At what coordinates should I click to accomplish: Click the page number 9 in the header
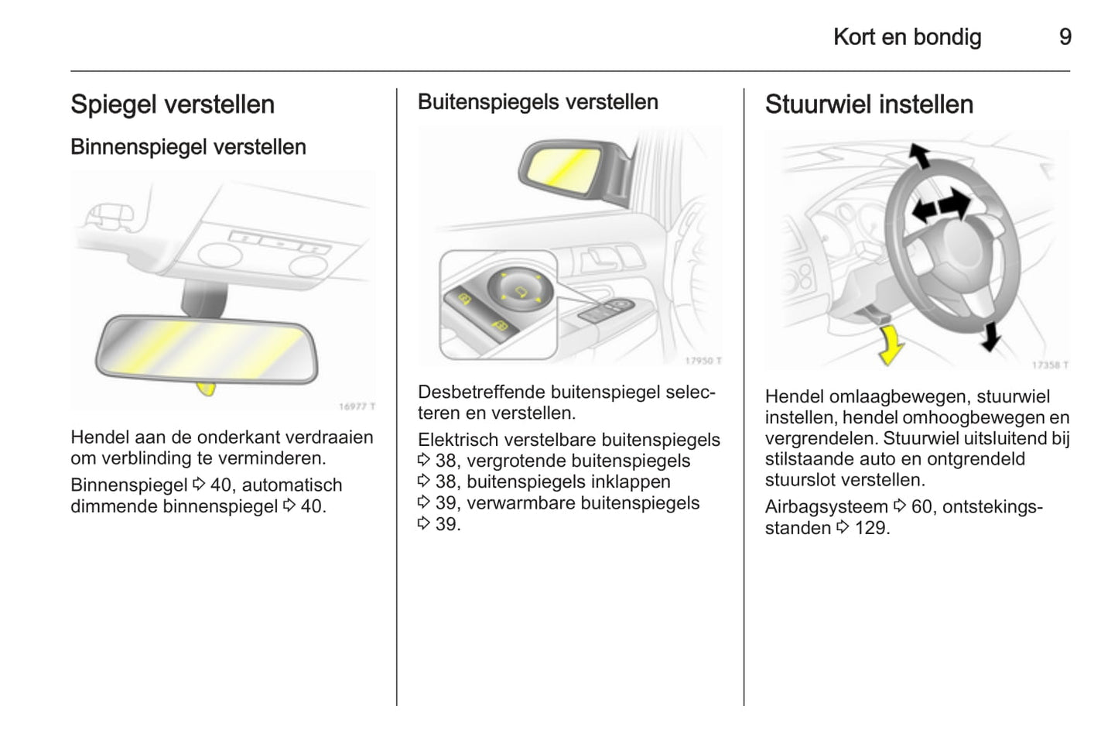[x=1065, y=37]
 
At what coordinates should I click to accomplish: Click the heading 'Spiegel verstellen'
[x=173, y=105]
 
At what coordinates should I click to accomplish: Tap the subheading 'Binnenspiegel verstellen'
[x=188, y=147]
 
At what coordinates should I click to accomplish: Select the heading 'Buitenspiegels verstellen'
[x=538, y=102]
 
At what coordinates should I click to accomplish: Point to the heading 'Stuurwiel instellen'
[x=869, y=105]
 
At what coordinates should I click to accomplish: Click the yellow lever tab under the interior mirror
[x=207, y=388]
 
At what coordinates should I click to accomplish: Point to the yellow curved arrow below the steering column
[x=892, y=344]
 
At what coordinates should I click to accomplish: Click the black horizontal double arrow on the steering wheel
[x=940, y=207]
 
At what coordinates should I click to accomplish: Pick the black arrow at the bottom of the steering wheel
[x=990, y=336]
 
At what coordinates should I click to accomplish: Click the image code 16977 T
[x=357, y=406]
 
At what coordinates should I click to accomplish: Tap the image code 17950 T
[x=703, y=361]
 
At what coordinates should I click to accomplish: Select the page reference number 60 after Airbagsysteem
[x=921, y=508]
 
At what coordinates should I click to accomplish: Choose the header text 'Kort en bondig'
[x=907, y=37]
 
